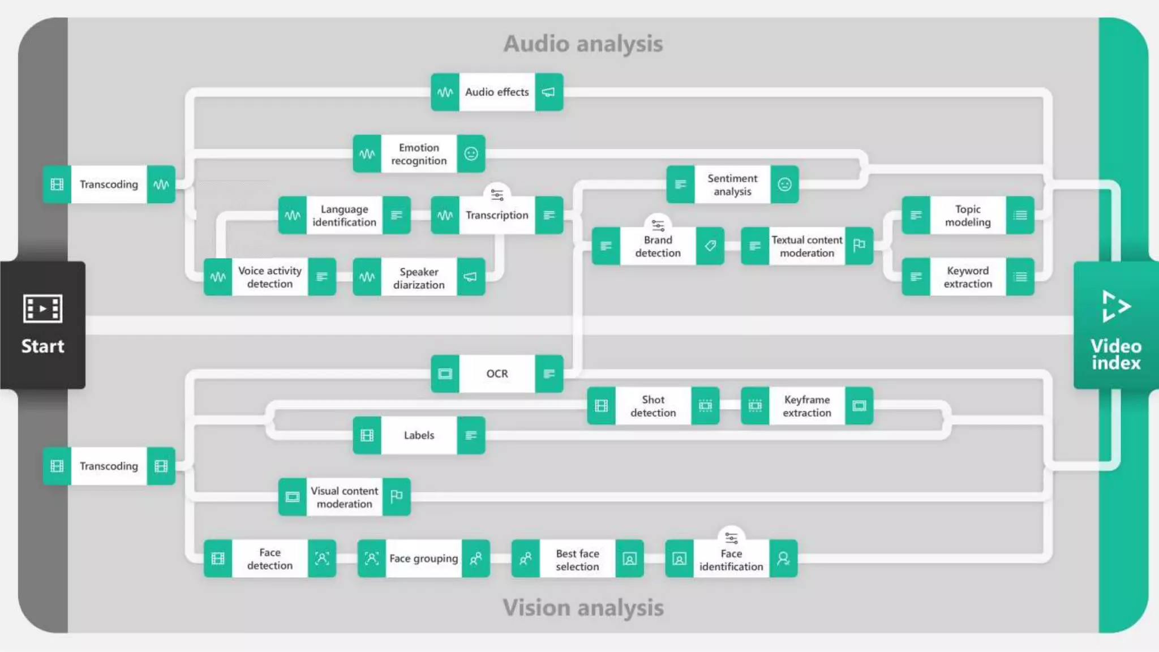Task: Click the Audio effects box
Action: pos(497,92)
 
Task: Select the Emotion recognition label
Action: pos(419,154)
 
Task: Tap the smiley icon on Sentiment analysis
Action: pos(784,185)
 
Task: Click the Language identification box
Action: pos(344,215)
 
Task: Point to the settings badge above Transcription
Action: pos(497,195)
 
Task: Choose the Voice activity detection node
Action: pos(270,277)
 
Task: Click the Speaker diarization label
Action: pos(419,278)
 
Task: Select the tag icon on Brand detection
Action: pos(710,246)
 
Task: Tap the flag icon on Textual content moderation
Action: pos(859,245)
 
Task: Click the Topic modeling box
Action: pos(968,215)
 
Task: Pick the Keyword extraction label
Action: pos(968,277)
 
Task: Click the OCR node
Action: pos(497,374)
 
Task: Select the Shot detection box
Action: pos(653,406)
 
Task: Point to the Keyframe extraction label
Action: pos(807,406)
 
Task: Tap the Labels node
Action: pos(419,435)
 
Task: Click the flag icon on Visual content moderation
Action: pos(397,496)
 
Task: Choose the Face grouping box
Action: pos(423,559)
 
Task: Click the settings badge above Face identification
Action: pos(731,537)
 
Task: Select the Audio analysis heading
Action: pos(583,44)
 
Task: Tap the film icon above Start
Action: pos(42,308)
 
